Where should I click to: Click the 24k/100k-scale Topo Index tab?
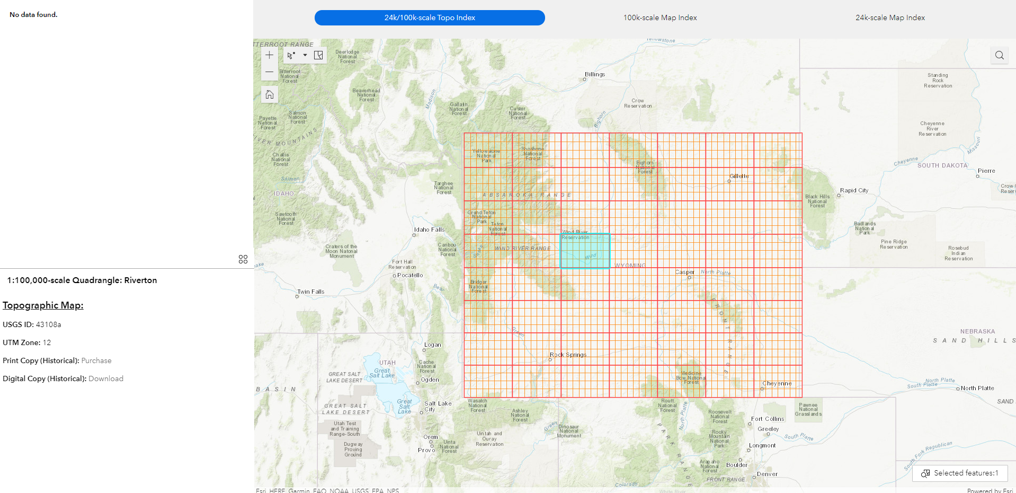(430, 17)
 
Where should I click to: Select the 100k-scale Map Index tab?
(659, 17)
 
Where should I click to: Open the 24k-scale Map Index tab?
(890, 17)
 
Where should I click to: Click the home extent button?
(270, 94)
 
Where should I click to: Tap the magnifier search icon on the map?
(999, 55)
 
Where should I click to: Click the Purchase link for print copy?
(96, 360)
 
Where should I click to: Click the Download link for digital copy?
(106, 378)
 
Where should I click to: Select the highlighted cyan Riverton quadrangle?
(585, 251)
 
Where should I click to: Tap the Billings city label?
(595, 74)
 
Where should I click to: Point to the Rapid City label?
(854, 190)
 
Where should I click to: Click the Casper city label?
(684, 272)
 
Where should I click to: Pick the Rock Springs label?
(568, 355)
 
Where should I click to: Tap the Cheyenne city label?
(777, 383)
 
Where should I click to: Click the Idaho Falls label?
(429, 230)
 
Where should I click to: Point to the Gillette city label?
(739, 176)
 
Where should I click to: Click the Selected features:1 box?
(960, 473)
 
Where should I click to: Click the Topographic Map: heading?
(43, 305)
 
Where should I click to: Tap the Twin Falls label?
(311, 292)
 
